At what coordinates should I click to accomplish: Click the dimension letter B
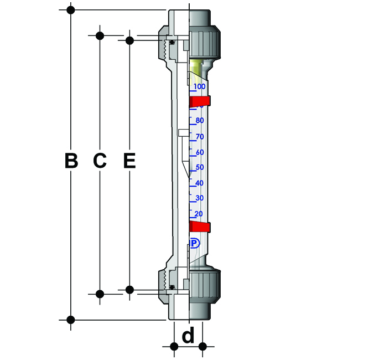click(71, 160)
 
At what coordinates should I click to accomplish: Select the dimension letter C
click(100, 160)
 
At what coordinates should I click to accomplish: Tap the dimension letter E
click(129, 160)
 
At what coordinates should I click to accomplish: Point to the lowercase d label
click(188, 335)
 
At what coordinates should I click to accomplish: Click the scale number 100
click(199, 86)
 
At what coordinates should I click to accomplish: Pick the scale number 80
click(200, 120)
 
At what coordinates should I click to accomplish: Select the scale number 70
click(200, 137)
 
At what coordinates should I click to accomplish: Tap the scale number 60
click(200, 152)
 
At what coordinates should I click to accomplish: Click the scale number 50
click(200, 167)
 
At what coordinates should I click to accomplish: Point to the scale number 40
click(199, 183)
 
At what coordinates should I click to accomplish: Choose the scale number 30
click(199, 198)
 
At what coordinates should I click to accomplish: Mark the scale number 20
click(199, 214)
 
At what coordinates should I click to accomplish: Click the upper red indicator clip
click(200, 101)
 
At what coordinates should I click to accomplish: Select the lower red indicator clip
click(200, 227)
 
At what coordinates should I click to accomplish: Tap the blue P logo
click(195, 243)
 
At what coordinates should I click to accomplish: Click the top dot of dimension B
click(71, 10)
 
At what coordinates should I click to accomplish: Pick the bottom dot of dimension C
click(100, 294)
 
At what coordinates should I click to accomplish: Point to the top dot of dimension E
click(129, 40)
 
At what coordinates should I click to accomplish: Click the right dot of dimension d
click(203, 347)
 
